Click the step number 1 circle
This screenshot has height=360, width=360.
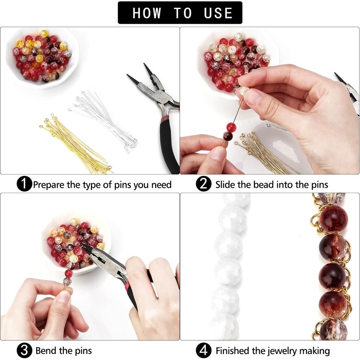coord(24,184)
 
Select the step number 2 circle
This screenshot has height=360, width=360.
coord(204,184)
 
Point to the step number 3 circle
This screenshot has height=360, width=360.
coord(24,350)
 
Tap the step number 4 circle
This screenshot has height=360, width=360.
coord(204,350)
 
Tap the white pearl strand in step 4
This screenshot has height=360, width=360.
coord(229,270)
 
